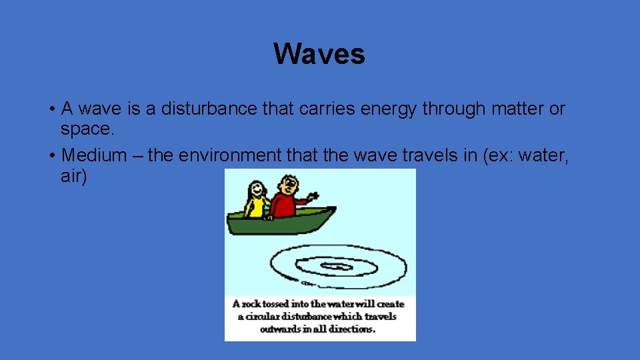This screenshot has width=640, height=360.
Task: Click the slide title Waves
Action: click(319, 54)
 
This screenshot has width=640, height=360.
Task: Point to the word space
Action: click(85, 128)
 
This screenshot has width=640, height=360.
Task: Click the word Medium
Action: click(94, 155)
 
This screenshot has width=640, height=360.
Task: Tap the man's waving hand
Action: click(313, 197)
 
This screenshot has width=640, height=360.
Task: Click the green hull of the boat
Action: click(280, 223)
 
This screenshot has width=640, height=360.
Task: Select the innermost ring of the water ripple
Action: click(337, 267)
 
